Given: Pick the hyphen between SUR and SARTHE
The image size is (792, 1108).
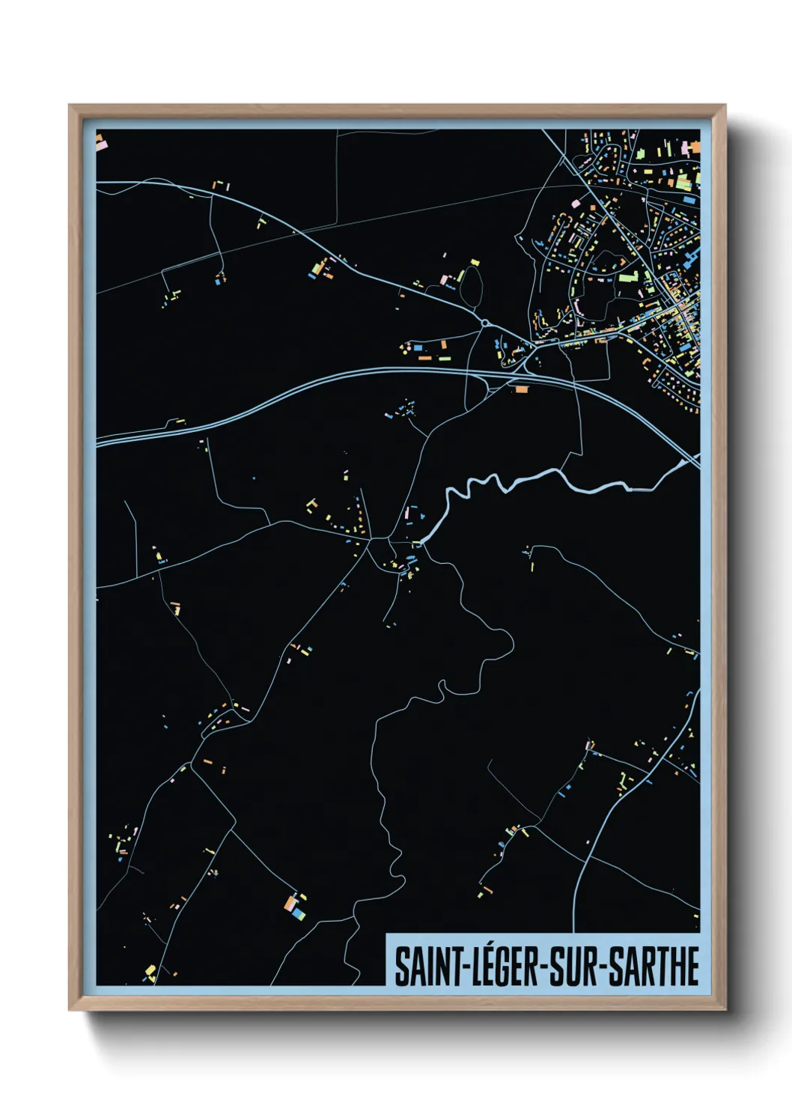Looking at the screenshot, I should point(602,968).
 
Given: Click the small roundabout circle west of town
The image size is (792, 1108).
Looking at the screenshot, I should point(485,323).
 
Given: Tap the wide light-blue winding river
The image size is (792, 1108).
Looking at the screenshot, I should point(524,480).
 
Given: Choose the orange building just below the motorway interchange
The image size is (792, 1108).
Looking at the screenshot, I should point(520,389).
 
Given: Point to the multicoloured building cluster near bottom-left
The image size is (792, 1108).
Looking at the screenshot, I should point(294,907).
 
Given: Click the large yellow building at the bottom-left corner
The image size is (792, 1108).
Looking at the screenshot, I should point(150,972).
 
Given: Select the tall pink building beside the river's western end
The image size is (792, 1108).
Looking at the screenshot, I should point(408,514).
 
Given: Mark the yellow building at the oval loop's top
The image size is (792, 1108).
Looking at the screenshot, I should point(474,262).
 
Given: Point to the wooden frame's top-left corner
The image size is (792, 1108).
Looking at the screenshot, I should point(70,106).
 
